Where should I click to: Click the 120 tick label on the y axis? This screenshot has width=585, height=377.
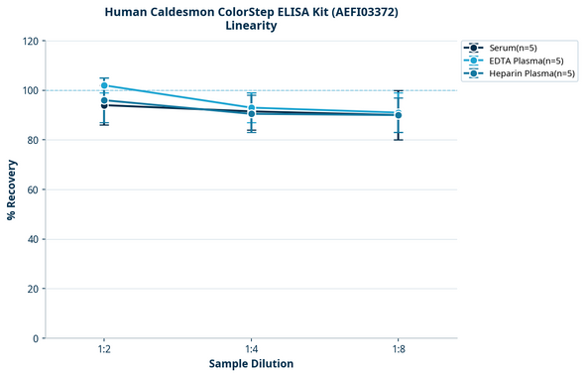[29, 41]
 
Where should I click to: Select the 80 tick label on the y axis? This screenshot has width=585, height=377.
[32, 140]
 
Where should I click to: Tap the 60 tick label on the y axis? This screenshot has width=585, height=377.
[32, 189]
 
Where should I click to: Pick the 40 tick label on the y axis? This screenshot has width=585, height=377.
[32, 239]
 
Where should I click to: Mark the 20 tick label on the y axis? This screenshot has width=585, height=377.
[32, 289]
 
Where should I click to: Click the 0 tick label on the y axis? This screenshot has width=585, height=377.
[35, 338]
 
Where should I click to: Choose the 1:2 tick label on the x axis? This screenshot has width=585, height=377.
[104, 350]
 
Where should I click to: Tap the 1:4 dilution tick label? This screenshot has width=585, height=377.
[251, 350]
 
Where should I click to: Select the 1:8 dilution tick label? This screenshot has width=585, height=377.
[398, 350]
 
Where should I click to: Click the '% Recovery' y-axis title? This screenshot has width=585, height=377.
[12, 189]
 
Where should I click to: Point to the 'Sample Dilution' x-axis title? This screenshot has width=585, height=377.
[251, 364]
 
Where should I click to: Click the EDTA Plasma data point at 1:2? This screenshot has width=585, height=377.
[104, 85]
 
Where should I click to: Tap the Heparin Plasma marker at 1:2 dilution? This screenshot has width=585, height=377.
[104, 100]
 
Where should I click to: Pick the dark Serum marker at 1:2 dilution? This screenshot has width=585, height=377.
[104, 105]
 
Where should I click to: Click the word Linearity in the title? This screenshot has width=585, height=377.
[251, 26]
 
